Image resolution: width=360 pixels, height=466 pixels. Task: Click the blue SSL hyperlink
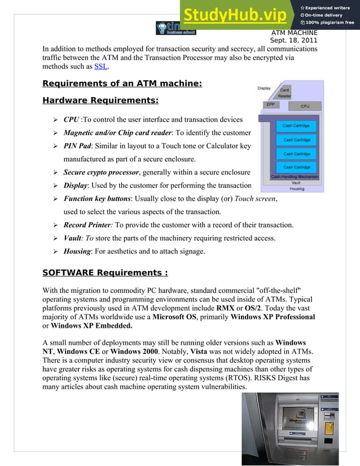(x=101, y=67)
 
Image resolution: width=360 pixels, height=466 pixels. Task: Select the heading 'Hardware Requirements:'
(x=100, y=102)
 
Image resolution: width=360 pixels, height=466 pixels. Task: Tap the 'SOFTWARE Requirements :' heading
(x=105, y=273)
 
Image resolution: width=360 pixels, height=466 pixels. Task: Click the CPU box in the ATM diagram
(x=305, y=106)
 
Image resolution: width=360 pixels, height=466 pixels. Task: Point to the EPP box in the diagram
(x=271, y=104)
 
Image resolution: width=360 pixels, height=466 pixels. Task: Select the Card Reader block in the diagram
(x=285, y=93)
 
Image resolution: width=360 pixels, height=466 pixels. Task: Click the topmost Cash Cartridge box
(x=296, y=125)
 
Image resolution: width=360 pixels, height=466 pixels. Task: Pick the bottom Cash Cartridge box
(x=296, y=167)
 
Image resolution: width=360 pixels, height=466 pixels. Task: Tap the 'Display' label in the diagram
(x=264, y=88)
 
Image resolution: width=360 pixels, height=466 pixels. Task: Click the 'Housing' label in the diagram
(x=297, y=188)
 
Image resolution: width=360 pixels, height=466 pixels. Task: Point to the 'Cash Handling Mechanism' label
(x=295, y=177)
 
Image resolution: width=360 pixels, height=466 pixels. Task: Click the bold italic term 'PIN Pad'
(x=77, y=146)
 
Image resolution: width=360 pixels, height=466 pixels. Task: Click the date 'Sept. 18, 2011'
(x=293, y=40)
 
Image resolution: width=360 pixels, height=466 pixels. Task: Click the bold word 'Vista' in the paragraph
(x=225, y=351)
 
